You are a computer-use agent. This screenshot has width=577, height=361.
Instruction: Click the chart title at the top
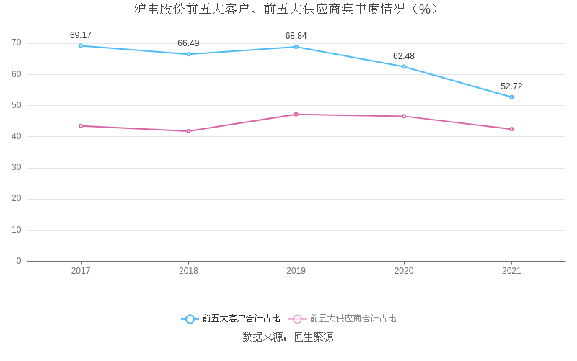(286, 9)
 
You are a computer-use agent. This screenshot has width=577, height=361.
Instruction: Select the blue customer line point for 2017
(81, 45)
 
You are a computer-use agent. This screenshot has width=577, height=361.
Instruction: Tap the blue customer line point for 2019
(296, 47)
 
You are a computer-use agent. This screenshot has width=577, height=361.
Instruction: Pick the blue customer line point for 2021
(511, 97)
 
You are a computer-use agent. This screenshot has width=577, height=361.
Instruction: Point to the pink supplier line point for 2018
(188, 131)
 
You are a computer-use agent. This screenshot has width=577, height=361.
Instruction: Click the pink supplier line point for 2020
(404, 116)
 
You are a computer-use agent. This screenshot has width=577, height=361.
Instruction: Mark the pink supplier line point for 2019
(296, 115)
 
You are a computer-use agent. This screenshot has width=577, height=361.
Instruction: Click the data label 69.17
(81, 35)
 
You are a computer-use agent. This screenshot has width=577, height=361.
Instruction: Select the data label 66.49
(188, 43)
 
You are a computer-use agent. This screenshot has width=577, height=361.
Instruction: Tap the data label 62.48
(404, 56)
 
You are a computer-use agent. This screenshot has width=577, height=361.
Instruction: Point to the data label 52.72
(511, 86)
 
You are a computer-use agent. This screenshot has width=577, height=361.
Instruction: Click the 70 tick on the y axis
(17, 43)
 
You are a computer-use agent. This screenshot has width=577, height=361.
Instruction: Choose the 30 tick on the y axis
(17, 167)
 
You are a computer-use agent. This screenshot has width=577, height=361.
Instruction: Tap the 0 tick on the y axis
(19, 261)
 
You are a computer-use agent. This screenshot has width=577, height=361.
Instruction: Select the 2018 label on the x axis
(188, 271)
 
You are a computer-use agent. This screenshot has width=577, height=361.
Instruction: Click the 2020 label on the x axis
(404, 271)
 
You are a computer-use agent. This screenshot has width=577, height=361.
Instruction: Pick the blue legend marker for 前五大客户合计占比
(190, 318)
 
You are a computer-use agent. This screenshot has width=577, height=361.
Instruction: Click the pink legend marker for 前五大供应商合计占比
(297, 318)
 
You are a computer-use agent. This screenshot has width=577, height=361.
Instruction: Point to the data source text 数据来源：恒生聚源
(288, 337)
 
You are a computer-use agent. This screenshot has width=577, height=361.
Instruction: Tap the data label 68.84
(296, 36)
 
